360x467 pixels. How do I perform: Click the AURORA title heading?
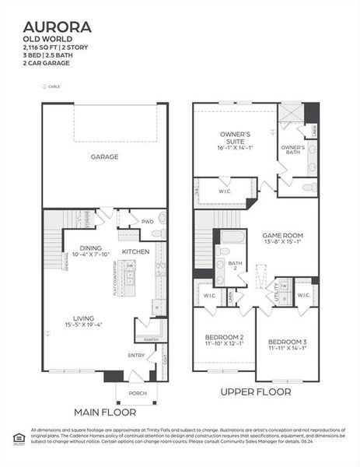(57, 27)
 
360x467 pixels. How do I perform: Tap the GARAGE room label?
(104, 157)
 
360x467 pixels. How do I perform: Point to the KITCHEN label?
(135, 252)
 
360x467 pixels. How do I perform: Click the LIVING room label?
(83, 318)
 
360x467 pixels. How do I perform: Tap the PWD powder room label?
(147, 222)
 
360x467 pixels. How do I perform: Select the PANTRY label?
(151, 339)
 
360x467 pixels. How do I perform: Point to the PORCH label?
(137, 393)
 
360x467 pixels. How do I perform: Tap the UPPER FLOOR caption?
(255, 392)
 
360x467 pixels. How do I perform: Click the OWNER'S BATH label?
(293, 149)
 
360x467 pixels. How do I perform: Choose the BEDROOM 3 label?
(287, 342)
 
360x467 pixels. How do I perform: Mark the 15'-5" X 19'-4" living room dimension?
(84, 325)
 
